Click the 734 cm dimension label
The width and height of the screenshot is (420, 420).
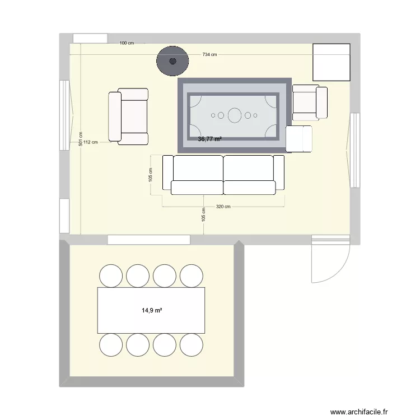tap(209, 54)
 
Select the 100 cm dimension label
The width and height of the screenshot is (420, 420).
tap(127, 43)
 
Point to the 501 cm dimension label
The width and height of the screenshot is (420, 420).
tap(81, 138)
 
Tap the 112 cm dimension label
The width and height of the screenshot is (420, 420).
tap(90, 142)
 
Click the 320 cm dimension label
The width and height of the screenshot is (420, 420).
tap(223, 207)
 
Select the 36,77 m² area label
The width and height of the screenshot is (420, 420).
tap(210, 139)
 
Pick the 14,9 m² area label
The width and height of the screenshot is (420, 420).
tap(151, 309)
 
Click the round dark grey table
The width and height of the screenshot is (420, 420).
tap(172, 61)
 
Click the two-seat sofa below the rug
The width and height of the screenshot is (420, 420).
tap(223, 175)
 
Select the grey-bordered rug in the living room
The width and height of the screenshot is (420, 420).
tap(234, 115)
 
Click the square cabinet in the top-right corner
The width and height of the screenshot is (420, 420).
tap(331, 62)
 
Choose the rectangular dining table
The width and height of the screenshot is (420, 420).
tap(151, 310)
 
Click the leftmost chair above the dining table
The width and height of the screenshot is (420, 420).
tap(111, 276)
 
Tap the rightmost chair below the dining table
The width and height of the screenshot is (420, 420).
tap(191, 344)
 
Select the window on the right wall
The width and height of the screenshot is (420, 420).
tap(354, 150)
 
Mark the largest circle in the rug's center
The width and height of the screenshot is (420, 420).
tap(234, 116)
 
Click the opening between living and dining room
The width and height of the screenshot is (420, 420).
tap(149, 240)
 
